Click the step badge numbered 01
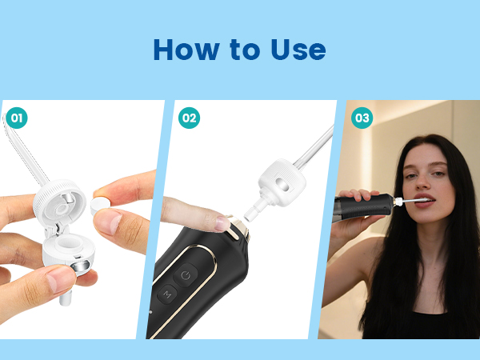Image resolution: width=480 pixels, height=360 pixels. (17, 118)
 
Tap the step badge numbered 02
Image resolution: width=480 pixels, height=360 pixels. (189, 118)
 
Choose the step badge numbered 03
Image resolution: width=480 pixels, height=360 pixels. (362, 118)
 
